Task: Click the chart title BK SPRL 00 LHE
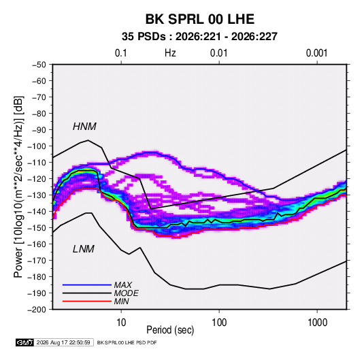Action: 199,19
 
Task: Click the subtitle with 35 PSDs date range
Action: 199,37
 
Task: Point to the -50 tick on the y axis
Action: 39,65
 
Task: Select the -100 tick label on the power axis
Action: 37,146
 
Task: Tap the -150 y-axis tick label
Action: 37,228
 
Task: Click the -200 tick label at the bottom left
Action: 37,310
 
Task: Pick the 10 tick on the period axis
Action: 121,323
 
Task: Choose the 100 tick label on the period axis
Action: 219,323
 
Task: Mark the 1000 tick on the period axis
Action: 317,323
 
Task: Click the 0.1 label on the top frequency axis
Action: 121,53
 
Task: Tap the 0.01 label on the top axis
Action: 219,53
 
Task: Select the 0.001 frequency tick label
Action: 317,53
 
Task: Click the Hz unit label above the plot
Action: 170,53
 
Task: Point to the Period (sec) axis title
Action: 170,330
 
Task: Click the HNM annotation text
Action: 84,127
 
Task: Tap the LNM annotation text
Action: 84,249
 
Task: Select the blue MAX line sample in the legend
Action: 87,285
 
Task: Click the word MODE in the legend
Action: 127,293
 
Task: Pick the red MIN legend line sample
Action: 87,301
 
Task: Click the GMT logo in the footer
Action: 24,342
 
